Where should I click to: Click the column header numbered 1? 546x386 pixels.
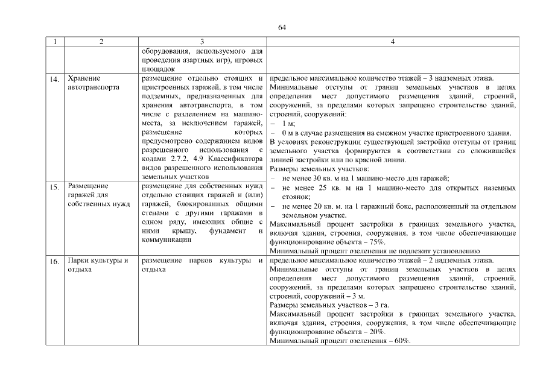coord(55,42)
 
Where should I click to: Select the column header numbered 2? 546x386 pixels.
coord(101,42)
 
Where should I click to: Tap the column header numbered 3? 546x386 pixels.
coord(202,42)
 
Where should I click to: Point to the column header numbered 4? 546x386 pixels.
coord(393,42)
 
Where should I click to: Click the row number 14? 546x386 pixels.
coord(55,79)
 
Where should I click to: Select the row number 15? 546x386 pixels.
coord(55,187)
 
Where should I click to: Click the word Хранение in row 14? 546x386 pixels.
coord(84,78)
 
